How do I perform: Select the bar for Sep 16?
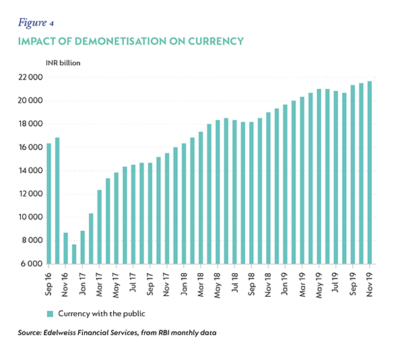click(x=48, y=204)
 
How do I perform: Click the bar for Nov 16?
click(x=65, y=248)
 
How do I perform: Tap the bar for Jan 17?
click(x=83, y=247)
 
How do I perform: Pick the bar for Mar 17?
click(x=100, y=227)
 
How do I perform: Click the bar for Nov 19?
click(x=370, y=173)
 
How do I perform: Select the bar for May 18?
click(x=218, y=192)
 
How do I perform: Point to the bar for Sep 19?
click(x=353, y=174)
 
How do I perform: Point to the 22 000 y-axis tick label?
click(x=31, y=77)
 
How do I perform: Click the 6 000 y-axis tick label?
click(x=32, y=264)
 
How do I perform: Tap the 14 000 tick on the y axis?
click(x=31, y=170)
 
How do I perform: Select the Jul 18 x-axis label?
click(x=234, y=283)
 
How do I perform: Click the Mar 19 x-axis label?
click(x=302, y=285)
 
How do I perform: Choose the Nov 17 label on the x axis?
click(x=167, y=285)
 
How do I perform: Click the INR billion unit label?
click(x=63, y=63)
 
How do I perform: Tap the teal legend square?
click(x=50, y=314)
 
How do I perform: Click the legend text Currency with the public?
click(x=102, y=314)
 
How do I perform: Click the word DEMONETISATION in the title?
click(x=121, y=41)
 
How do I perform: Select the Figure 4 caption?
click(x=36, y=23)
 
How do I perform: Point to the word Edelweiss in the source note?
click(x=59, y=332)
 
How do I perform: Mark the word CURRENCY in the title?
click(x=216, y=41)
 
